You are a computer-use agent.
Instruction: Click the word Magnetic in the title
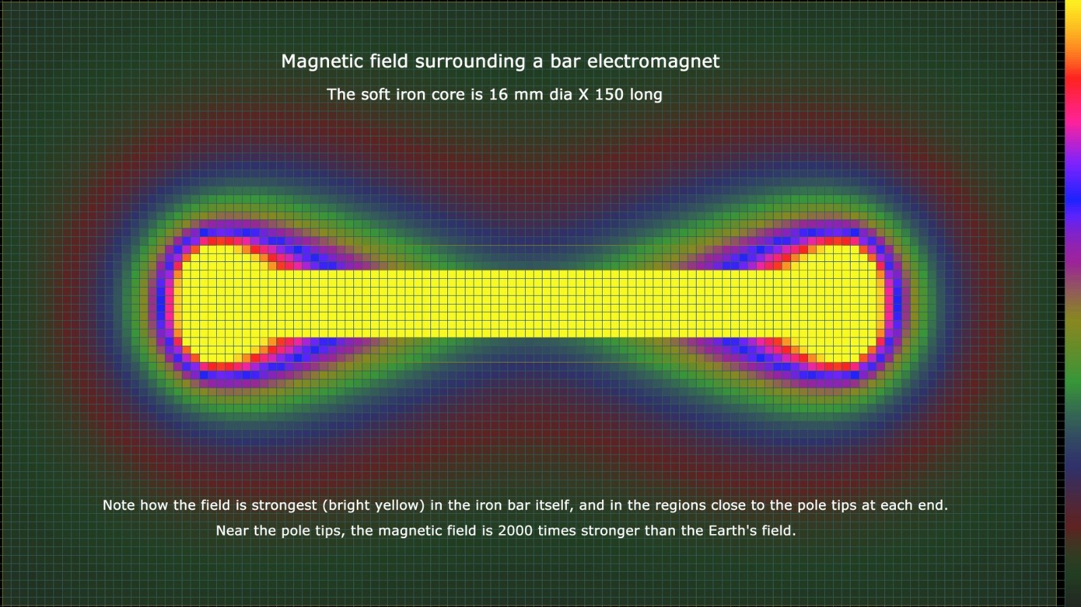pos(321,61)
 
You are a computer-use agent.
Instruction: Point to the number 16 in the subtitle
pos(499,95)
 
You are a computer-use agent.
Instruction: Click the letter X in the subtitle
pos(584,95)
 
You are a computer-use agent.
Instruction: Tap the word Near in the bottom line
pos(232,531)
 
